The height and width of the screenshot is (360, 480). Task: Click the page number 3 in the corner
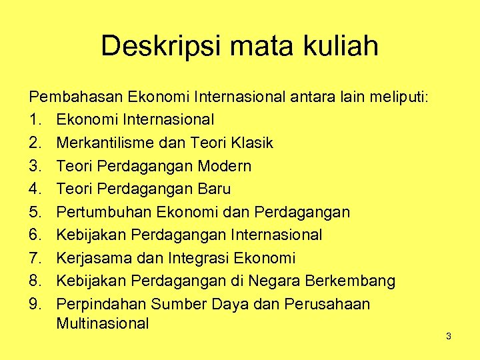pos(449,336)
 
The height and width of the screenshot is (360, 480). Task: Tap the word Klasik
pos(251,143)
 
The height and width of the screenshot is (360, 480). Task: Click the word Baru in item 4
pos(214,189)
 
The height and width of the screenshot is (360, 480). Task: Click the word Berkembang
pos(355,281)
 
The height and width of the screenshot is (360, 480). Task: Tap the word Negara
pos(281,281)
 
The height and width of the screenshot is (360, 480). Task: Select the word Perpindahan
pos(101,304)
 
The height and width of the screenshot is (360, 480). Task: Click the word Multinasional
pos(102,324)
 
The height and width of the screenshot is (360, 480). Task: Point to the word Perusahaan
pos(327,304)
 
